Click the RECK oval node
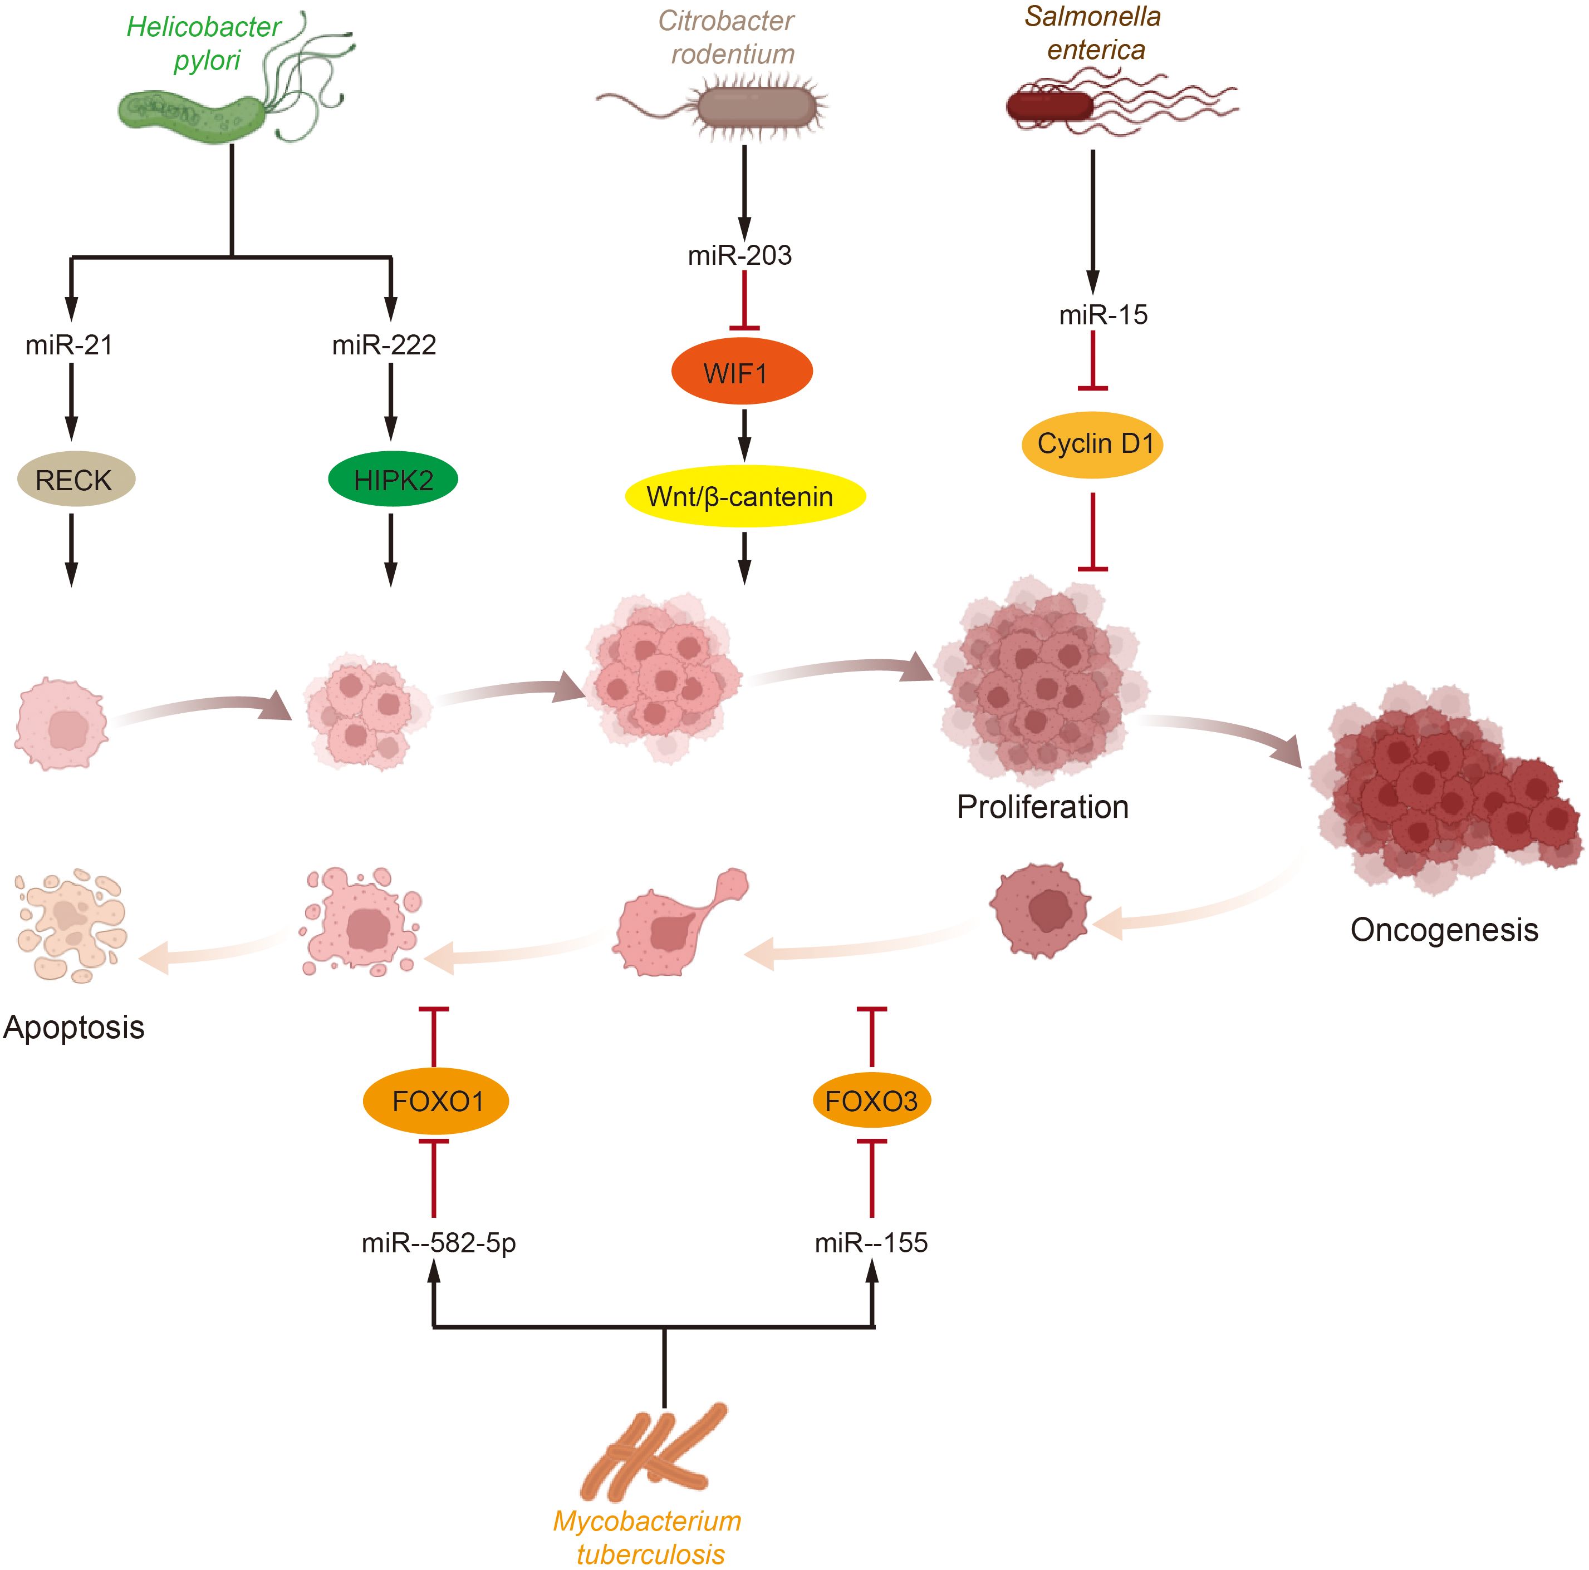click(x=76, y=479)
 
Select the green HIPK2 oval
click(x=393, y=479)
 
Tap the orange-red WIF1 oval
click(x=742, y=373)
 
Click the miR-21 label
click(x=69, y=344)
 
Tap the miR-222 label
click(x=384, y=344)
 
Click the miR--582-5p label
click(x=438, y=1243)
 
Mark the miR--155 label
click(x=871, y=1243)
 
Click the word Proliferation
click(x=1042, y=807)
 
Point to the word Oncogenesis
click(x=1444, y=930)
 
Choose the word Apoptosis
click(x=74, y=1028)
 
